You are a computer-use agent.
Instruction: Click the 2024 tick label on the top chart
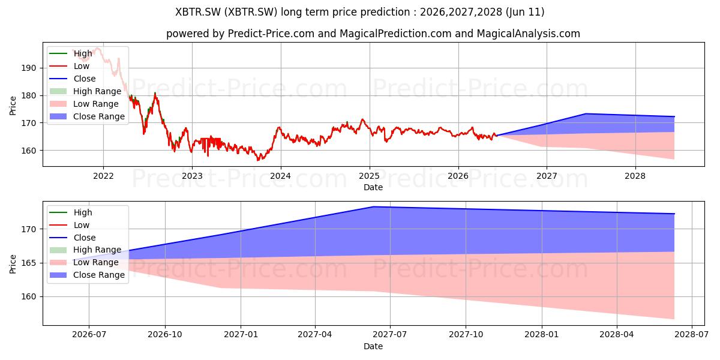pyautogui.click(x=280, y=176)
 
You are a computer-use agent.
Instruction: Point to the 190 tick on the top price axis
pyautogui.click(x=29, y=68)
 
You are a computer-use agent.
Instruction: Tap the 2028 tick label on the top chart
pyautogui.click(x=635, y=176)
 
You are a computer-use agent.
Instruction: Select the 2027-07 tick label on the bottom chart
pyautogui.click(x=390, y=335)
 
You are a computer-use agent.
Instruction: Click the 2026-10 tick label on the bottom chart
pyautogui.click(x=165, y=335)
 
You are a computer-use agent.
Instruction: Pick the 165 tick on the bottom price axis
pyautogui.click(x=29, y=263)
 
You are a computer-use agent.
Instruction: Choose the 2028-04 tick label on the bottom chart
pyautogui.click(x=617, y=335)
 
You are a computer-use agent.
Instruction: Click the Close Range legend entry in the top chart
pyautogui.click(x=87, y=116)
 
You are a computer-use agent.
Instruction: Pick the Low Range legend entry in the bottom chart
pyautogui.click(x=84, y=262)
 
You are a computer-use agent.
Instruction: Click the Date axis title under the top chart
pyautogui.click(x=373, y=187)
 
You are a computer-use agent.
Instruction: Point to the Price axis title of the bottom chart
pyautogui.click(x=13, y=264)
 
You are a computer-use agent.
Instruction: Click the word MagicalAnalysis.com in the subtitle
pyautogui.click(x=528, y=34)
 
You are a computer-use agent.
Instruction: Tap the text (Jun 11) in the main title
pyautogui.click(x=525, y=12)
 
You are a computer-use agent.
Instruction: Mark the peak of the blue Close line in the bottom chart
pyautogui.click(x=373, y=206)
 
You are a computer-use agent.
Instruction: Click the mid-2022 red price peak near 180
pyautogui.click(x=155, y=93)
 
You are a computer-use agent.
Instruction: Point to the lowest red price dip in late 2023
pyautogui.click(x=257, y=160)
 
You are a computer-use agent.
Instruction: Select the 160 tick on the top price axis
pyautogui.click(x=29, y=151)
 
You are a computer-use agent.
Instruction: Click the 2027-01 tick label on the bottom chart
pyautogui.click(x=241, y=335)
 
